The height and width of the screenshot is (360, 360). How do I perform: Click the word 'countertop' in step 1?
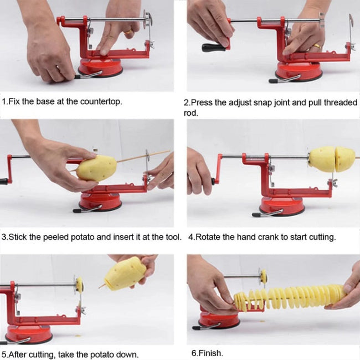pyautogui.click(x=102, y=102)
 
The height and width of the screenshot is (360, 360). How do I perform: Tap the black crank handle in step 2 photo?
pyautogui.click(x=213, y=48)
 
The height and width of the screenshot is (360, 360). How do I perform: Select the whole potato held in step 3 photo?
pyautogui.click(x=96, y=167)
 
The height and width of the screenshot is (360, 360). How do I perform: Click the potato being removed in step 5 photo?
pyautogui.click(x=125, y=274)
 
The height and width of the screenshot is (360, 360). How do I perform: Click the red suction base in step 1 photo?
pyautogui.click(x=100, y=66)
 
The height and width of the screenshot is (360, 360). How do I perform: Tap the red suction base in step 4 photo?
pyautogui.click(x=282, y=206)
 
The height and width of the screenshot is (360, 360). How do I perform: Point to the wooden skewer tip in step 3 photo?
pyautogui.click(x=166, y=151)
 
